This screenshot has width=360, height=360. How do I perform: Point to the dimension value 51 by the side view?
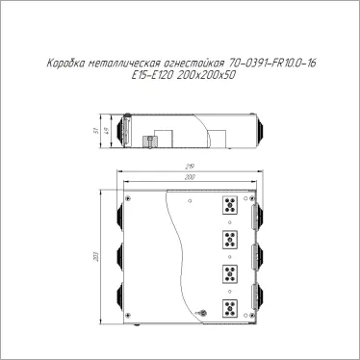tap(109, 130)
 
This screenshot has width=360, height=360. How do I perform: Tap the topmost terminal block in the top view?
tap(231, 205)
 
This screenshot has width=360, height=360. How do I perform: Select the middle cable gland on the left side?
tap(122, 258)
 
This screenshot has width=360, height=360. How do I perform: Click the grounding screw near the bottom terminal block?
tap(203, 312)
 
